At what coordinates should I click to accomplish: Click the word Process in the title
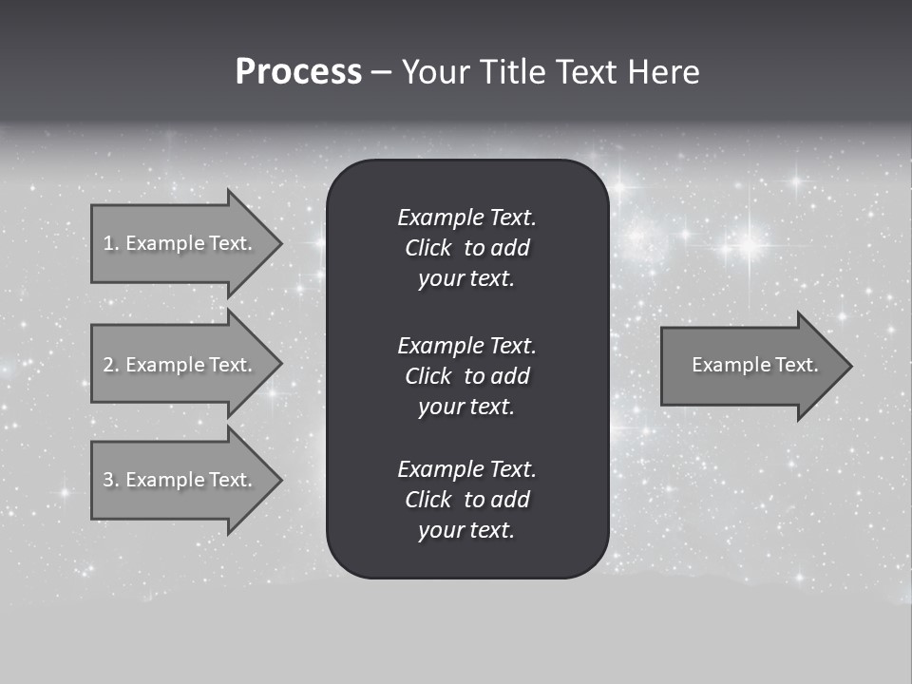point(298,72)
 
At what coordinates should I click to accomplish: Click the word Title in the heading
point(511,72)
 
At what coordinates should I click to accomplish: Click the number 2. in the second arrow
point(110,365)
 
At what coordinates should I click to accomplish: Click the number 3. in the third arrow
point(110,480)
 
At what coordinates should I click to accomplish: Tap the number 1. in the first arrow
point(110,243)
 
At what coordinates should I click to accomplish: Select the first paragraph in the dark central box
point(466,248)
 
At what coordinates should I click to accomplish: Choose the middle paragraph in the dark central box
point(466,376)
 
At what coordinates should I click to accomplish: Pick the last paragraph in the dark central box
point(466,500)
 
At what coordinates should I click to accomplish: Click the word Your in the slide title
point(435,72)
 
